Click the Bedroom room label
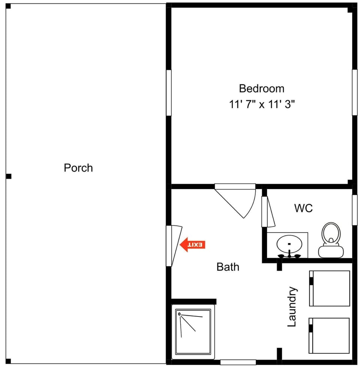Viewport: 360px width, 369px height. tap(262, 88)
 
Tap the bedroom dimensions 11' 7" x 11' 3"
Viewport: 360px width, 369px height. tap(262, 104)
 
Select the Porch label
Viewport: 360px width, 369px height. tap(78, 168)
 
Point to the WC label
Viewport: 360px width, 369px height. tap(303, 208)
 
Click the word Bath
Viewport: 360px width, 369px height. tap(228, 267)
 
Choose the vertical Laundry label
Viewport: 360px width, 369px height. tap(292, 307)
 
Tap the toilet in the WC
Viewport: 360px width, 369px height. tap(330, 240)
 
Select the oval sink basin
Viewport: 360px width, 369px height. tap(289, 244)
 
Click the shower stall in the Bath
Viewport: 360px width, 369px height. tap(193, 332)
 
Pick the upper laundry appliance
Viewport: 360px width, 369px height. tap(330, 288)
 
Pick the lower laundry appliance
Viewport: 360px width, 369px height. tap(330, 336)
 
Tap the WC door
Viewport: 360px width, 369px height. tap(268, 212)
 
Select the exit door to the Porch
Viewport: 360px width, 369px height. tap(174, 244)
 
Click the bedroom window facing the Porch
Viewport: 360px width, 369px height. tap(169, 93)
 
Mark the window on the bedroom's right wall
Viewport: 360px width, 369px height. tap(354, 92)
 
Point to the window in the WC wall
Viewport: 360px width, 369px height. tap(354, 210)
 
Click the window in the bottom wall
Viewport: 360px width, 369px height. tap(238, 362)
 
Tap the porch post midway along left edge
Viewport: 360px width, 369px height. tap(9, 176)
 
